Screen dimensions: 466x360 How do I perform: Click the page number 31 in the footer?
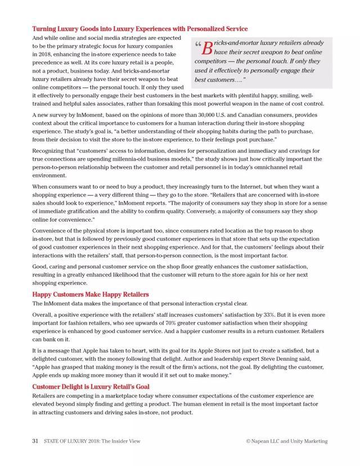(35, 441)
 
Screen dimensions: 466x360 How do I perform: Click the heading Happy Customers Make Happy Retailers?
(91, 294)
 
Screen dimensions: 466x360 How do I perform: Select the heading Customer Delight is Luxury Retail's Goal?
(91, 387)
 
